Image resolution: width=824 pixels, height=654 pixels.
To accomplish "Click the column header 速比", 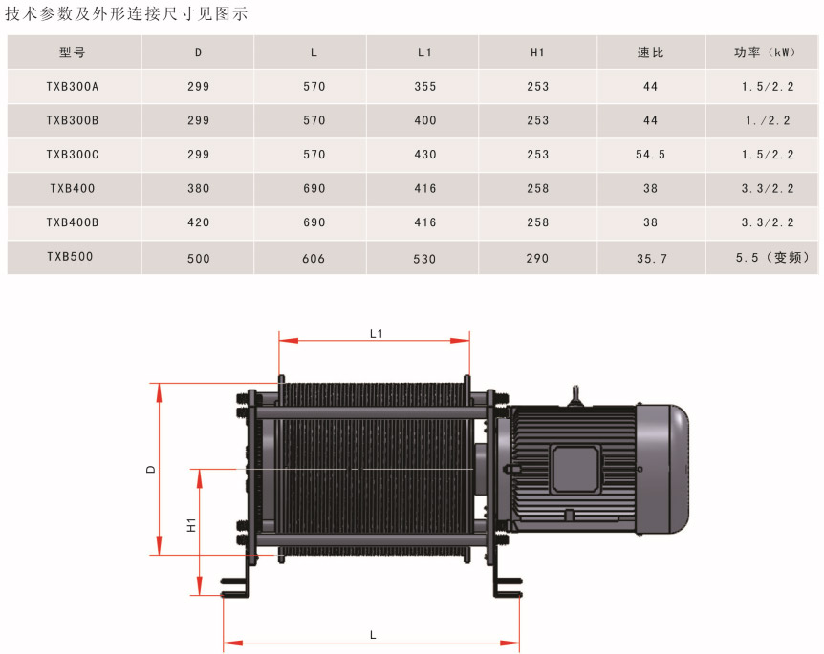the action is [650, 53].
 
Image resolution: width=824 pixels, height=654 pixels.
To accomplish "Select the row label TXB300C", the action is [73, 155].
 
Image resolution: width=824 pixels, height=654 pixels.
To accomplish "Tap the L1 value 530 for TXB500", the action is [424, 259].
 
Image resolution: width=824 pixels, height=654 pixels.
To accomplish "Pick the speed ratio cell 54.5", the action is [650, 155].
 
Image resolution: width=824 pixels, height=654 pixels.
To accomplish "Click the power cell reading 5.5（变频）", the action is [772, 257].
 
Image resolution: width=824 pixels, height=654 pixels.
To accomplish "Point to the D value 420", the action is [199, 222].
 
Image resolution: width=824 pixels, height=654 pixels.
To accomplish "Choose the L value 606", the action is [314, 258].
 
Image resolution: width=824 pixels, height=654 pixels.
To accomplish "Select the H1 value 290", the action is [537, 258].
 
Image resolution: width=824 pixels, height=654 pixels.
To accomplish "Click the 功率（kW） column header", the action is [765, 53].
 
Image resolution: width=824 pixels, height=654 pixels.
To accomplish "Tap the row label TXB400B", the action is [73, 222].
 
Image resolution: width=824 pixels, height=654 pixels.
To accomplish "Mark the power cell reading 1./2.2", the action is [768, 120].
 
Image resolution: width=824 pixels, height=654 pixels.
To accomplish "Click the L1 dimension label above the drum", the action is [377, 334].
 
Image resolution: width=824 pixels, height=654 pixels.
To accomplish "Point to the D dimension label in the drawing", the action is [151, 469].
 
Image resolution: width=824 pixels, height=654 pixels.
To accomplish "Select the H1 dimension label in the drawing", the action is [191, 525].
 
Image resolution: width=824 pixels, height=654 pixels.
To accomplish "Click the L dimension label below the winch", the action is [373, 635].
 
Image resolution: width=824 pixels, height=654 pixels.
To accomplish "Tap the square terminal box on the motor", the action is [576, 469].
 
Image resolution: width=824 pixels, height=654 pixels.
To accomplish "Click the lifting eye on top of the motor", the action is [575, 396].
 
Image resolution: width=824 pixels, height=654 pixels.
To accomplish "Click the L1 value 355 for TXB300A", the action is [425, 87].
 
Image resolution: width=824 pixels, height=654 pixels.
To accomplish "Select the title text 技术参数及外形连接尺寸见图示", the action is [126, 13].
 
